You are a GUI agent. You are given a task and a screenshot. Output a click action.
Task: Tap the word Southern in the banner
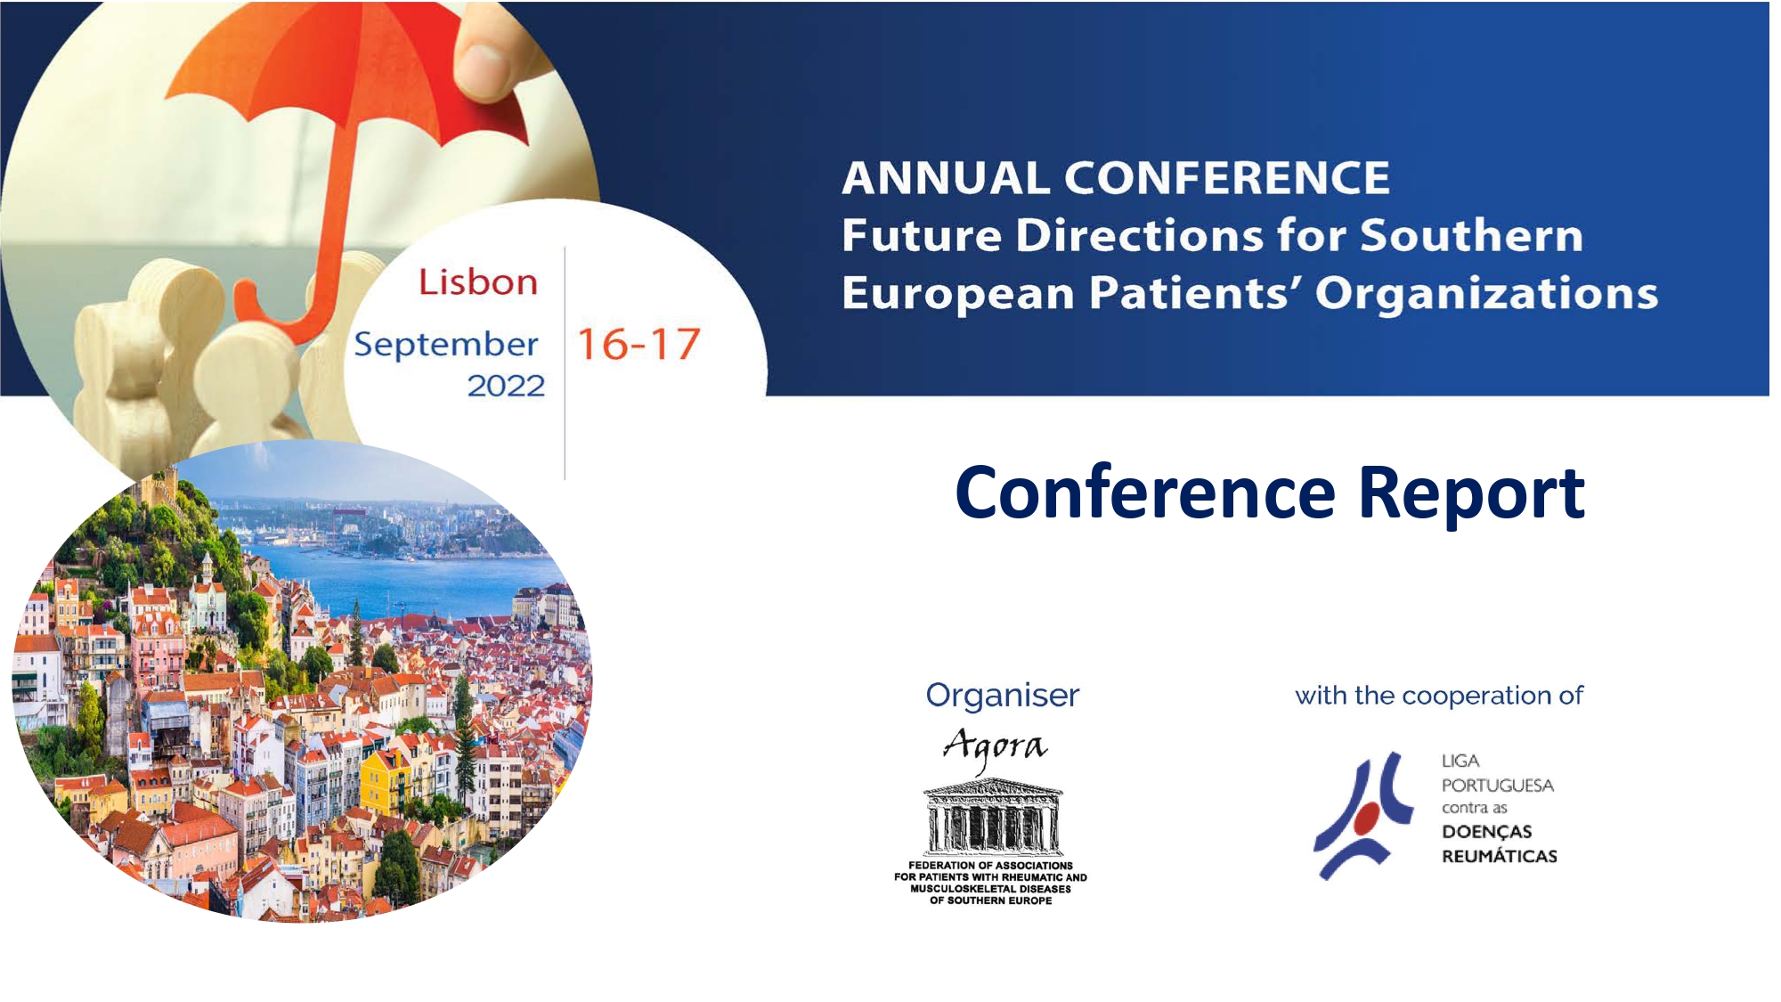click(1472, 235)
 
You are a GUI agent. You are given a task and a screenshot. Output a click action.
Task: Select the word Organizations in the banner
click(1486, 293)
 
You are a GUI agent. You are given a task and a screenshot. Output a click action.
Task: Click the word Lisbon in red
click(478, 281)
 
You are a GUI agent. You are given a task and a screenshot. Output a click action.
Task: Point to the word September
click(446, 345)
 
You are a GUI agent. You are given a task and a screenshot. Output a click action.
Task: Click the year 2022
click(506, 386)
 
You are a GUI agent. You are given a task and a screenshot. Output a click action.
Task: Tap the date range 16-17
click(639, 345)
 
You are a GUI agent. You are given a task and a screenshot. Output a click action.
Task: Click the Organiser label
click(1002, 695)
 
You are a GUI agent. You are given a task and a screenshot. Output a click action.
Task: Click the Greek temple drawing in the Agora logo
click(993, 817)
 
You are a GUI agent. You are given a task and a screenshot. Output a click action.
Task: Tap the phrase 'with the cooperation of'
click(1439, 695)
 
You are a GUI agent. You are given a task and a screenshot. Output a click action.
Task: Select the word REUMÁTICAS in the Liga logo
click(1500, 856)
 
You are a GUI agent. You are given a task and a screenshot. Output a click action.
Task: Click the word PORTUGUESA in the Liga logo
click(1498, 786)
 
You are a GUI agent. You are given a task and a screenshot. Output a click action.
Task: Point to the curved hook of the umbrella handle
click(272, 312)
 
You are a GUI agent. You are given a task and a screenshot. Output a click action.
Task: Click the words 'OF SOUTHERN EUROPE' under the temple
click(991, 900)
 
